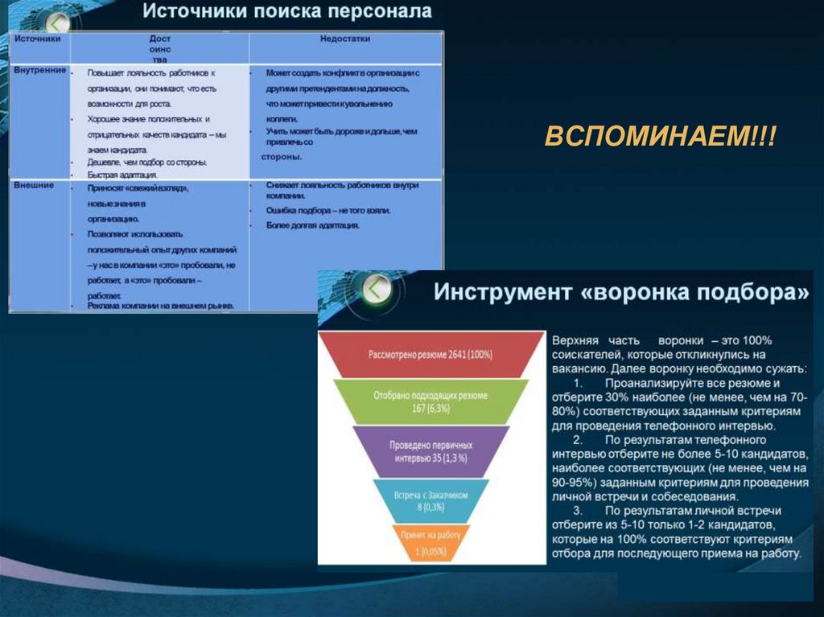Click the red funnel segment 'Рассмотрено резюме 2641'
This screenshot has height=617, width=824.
(430, 354)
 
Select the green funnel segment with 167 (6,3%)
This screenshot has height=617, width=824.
(430, 401)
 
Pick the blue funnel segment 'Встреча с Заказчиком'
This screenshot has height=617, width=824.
(431, 501)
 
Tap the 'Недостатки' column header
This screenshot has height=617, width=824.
(345, 38)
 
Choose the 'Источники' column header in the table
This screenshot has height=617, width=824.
(38, 38)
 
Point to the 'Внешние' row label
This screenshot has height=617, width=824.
(34, 185)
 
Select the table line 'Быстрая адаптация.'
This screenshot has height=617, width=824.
(122, 174)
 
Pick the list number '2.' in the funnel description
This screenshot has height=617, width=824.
(579, 441)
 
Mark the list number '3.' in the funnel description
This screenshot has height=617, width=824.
(579, 510)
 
